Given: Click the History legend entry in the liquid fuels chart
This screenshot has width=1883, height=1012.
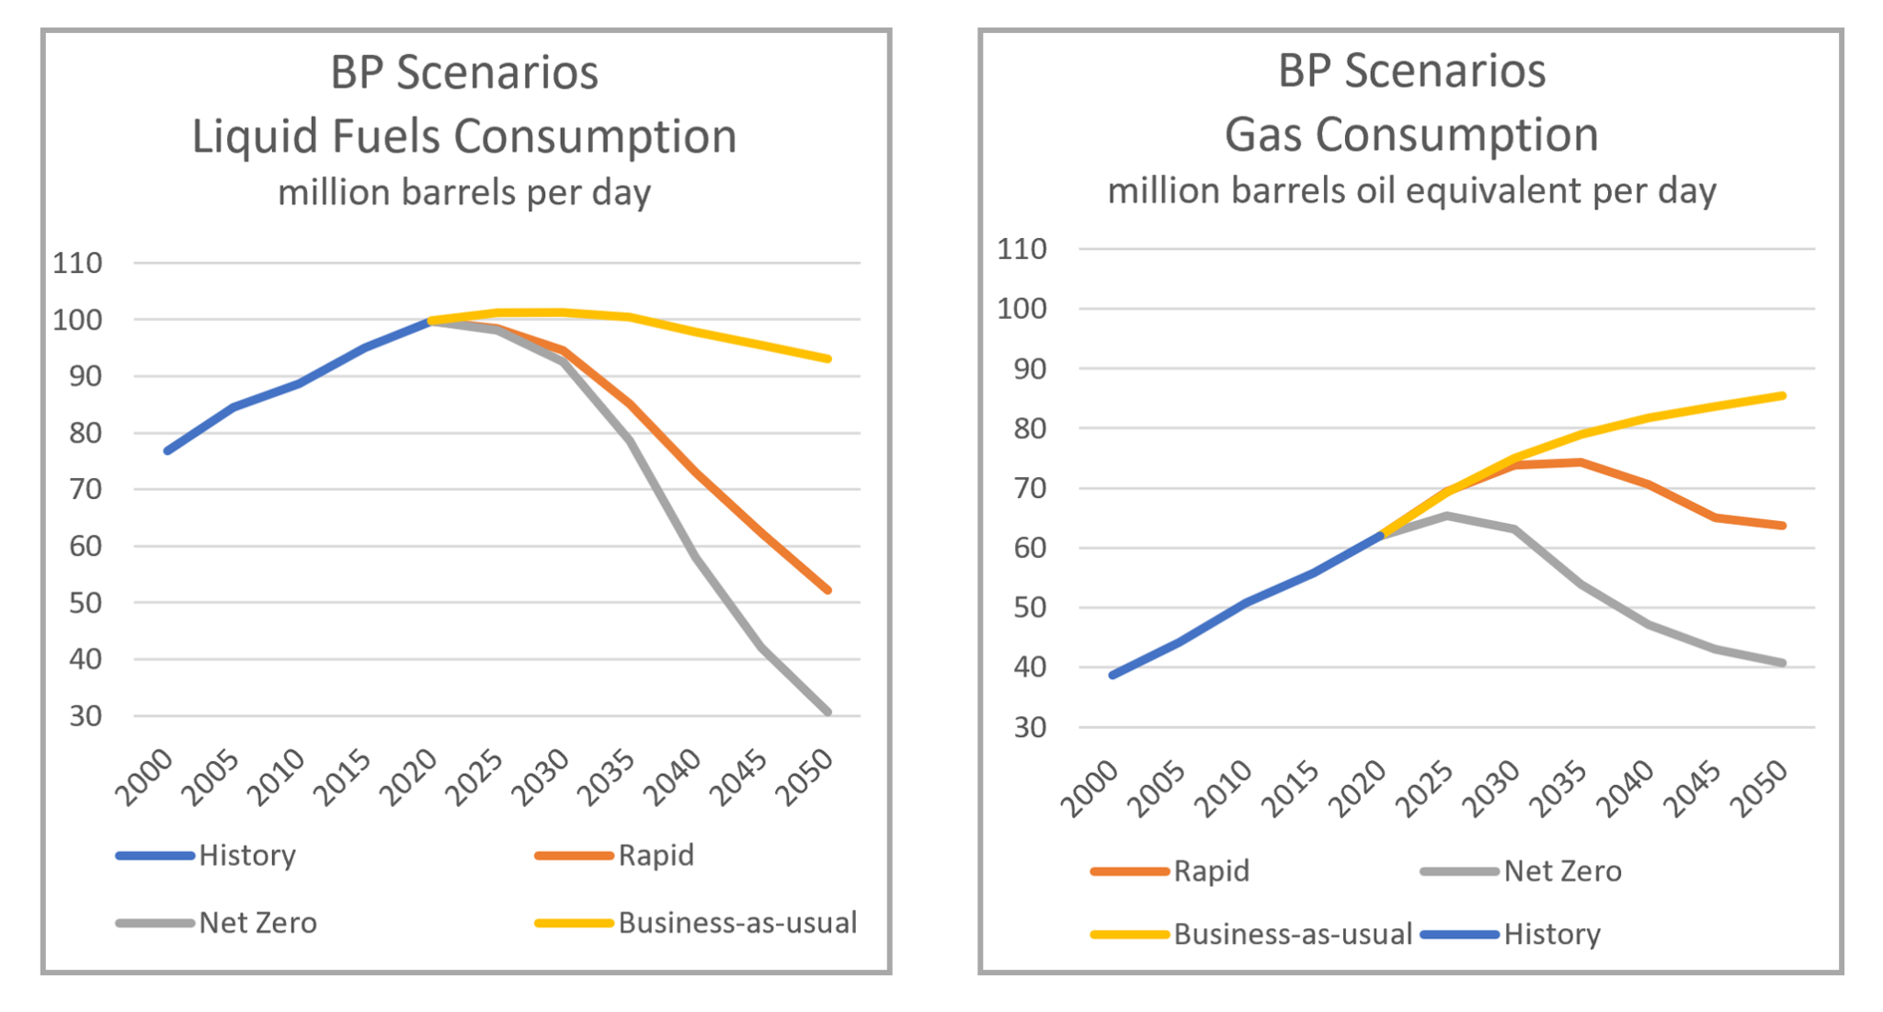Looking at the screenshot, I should click(x=246, y=856).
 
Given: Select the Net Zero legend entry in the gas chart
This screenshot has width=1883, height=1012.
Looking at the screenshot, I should click(x=1561, y=870).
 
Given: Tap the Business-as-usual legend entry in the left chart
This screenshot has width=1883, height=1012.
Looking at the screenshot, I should click(x=736, y=922).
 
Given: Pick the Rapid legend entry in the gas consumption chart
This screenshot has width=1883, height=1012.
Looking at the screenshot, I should click(x=1210, y=870).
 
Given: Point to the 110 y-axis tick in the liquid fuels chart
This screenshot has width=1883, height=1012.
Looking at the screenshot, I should click(x=77, y=263).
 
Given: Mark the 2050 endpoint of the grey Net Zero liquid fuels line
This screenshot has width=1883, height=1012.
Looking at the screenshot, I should click(x=828, y=711).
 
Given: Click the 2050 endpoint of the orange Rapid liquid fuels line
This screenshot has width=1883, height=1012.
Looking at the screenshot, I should click(x=828, y=590).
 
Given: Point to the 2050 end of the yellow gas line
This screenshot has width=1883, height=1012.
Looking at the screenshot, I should click(x=1783, y=396).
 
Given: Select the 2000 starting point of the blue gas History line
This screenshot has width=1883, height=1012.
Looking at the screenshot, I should click(x=1113, y=675).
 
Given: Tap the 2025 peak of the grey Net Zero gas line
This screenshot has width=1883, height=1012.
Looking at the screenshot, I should click(x=1447, y=516).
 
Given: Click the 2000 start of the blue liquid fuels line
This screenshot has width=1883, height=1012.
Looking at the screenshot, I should click(x=167, y=450).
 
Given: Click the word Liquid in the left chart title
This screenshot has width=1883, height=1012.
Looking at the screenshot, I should click(x=250, y=136).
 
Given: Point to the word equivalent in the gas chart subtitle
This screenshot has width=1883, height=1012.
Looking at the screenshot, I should click(x=1494, y=190).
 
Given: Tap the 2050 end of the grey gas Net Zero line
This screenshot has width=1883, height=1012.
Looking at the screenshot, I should click(x=1783, y=663).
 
